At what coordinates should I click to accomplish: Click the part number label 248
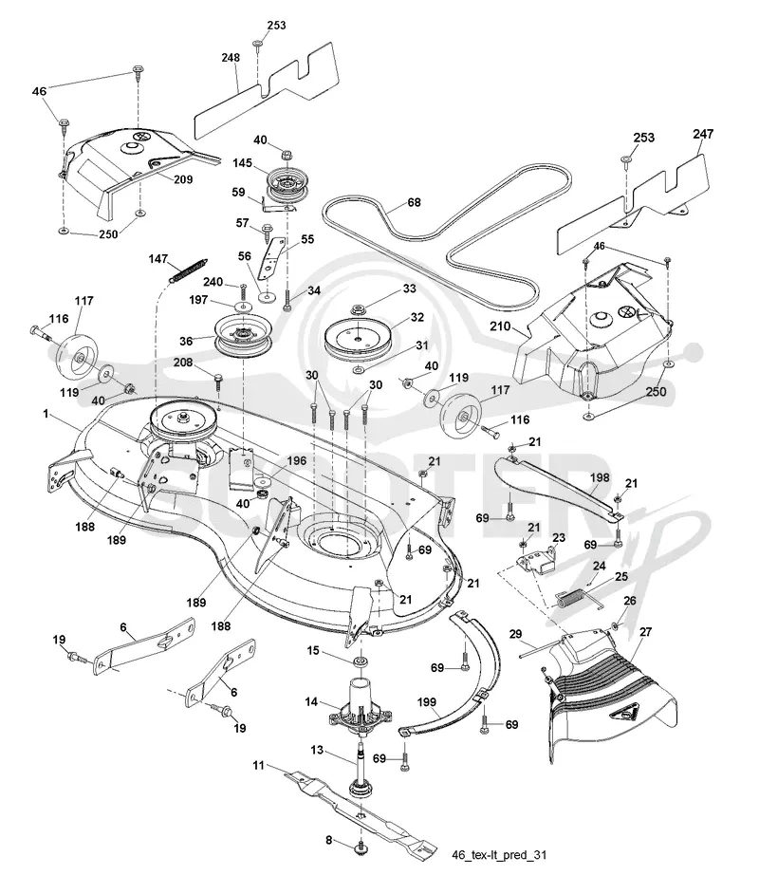(x=231, y=58)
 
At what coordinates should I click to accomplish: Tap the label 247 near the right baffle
(x=703, y=134)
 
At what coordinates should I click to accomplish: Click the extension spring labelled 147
(x=189, y=270)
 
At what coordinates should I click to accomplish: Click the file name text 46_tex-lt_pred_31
(x=499, y=855)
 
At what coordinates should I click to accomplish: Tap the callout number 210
(x=500, y=326)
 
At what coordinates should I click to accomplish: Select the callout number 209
(x=183, y=179)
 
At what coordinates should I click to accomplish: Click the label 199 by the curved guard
(x=427, y=702)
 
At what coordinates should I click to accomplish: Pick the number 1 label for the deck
(x=46, y=414)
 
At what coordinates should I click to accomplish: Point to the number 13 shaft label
(x=317, y=750)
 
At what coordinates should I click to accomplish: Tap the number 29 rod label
(x=515, y=633)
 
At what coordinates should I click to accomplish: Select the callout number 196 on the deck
(x=296, y=460)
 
